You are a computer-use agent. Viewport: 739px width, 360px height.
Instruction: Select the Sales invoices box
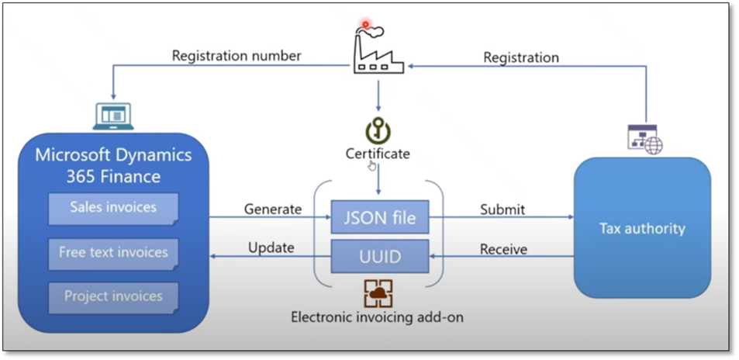click(113, 207)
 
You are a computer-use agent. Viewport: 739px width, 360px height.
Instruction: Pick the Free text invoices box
click(113, 252)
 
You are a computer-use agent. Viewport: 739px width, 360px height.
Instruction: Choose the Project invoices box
click(113, 296)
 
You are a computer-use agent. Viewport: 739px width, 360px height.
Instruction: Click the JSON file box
click(378, 218)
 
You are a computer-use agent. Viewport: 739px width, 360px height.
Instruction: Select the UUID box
click(378, 256)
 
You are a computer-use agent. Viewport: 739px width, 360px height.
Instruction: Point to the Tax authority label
click(642, 228)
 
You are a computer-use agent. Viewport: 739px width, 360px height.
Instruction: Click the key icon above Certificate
click(378, 130)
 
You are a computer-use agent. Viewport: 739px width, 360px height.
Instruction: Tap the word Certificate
click(378, 154)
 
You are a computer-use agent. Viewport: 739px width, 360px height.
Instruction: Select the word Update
click(271, 249)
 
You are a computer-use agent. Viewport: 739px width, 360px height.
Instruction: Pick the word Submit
click(502, 209)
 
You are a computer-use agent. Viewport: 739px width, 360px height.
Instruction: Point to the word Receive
click(503, 249)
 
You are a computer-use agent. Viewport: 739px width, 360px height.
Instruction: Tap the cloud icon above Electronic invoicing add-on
click(378, 292)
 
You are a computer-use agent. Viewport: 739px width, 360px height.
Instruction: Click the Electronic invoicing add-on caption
click(378, 317)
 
